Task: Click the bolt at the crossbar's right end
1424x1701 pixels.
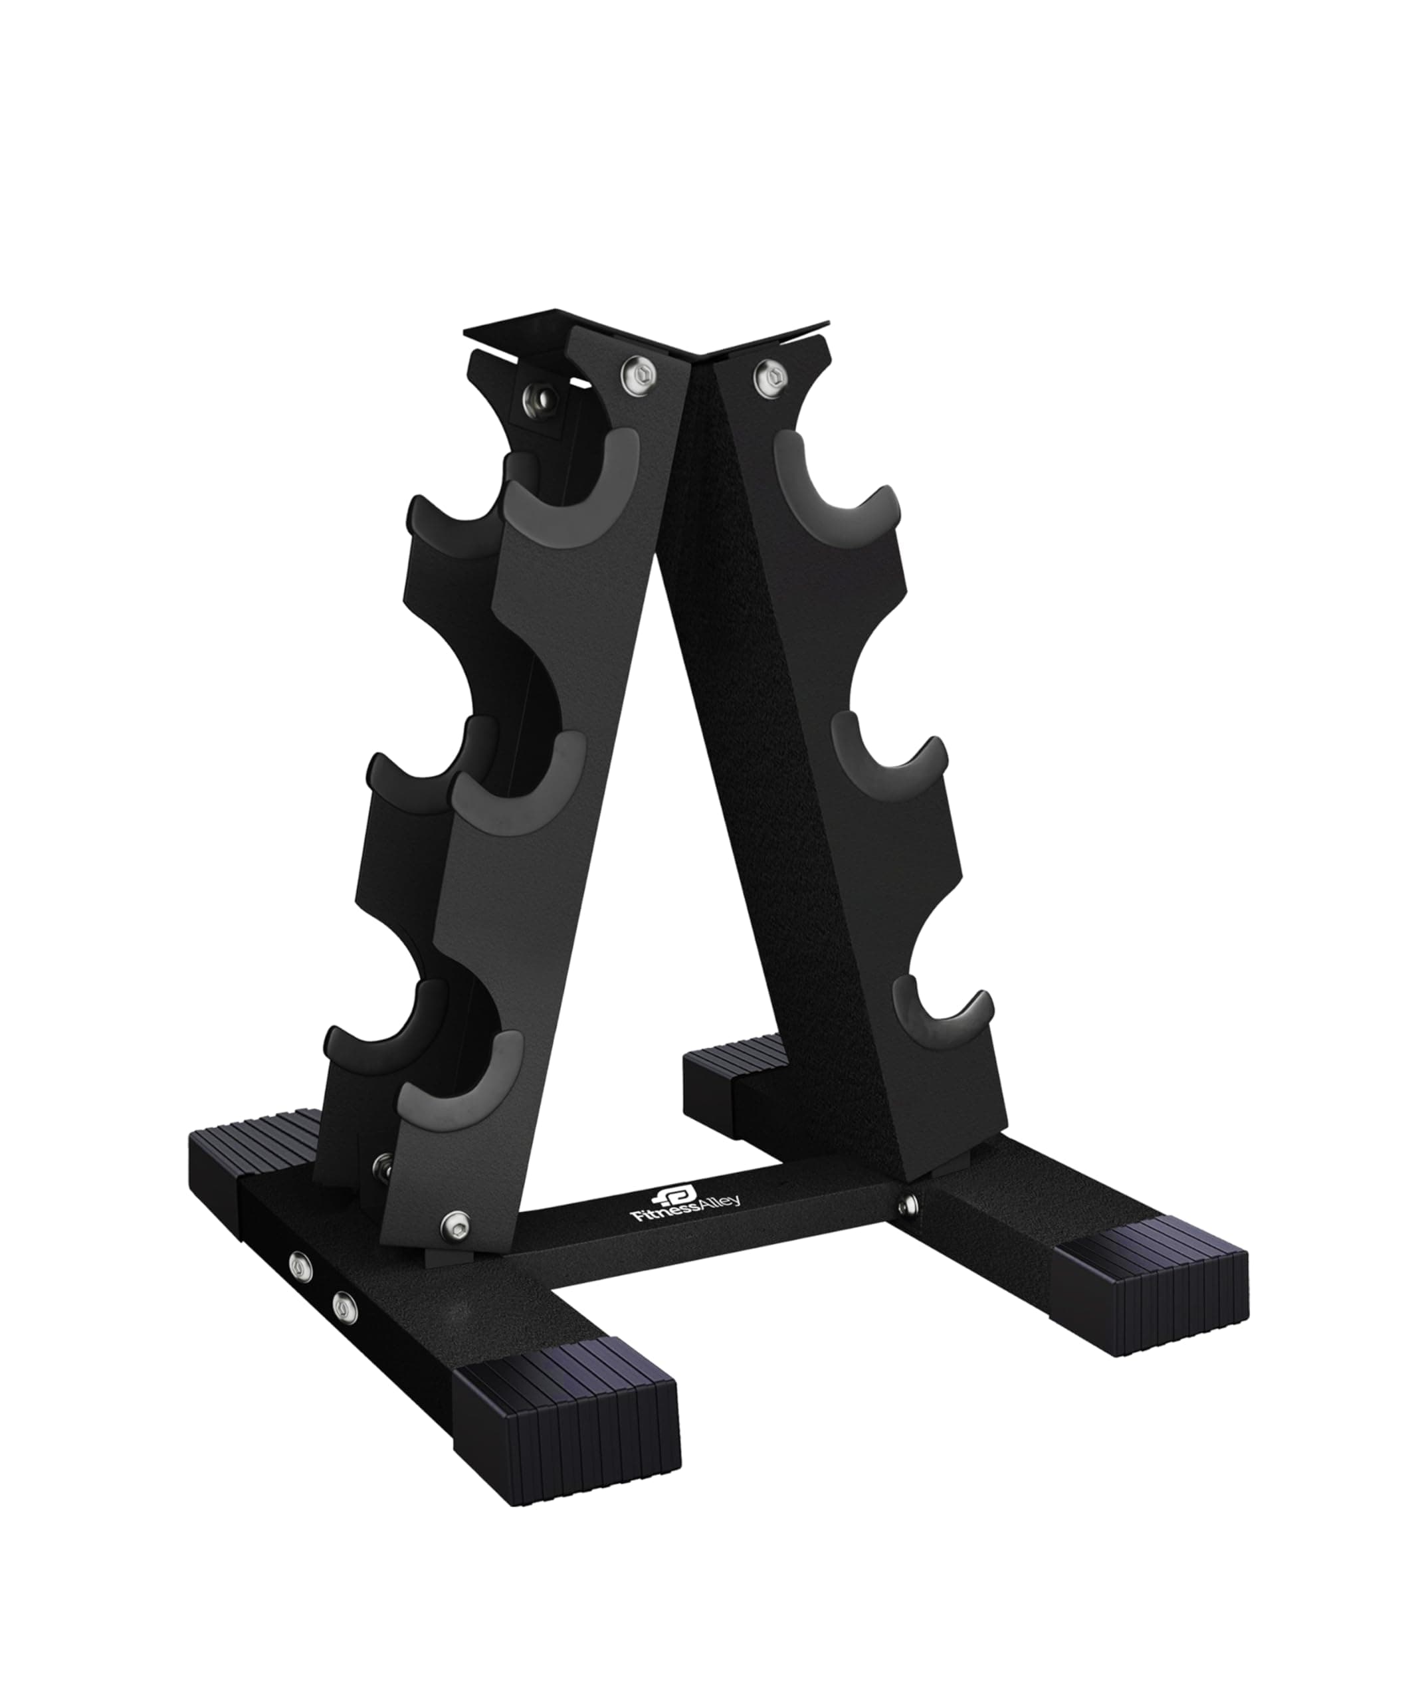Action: pos(910,1201)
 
